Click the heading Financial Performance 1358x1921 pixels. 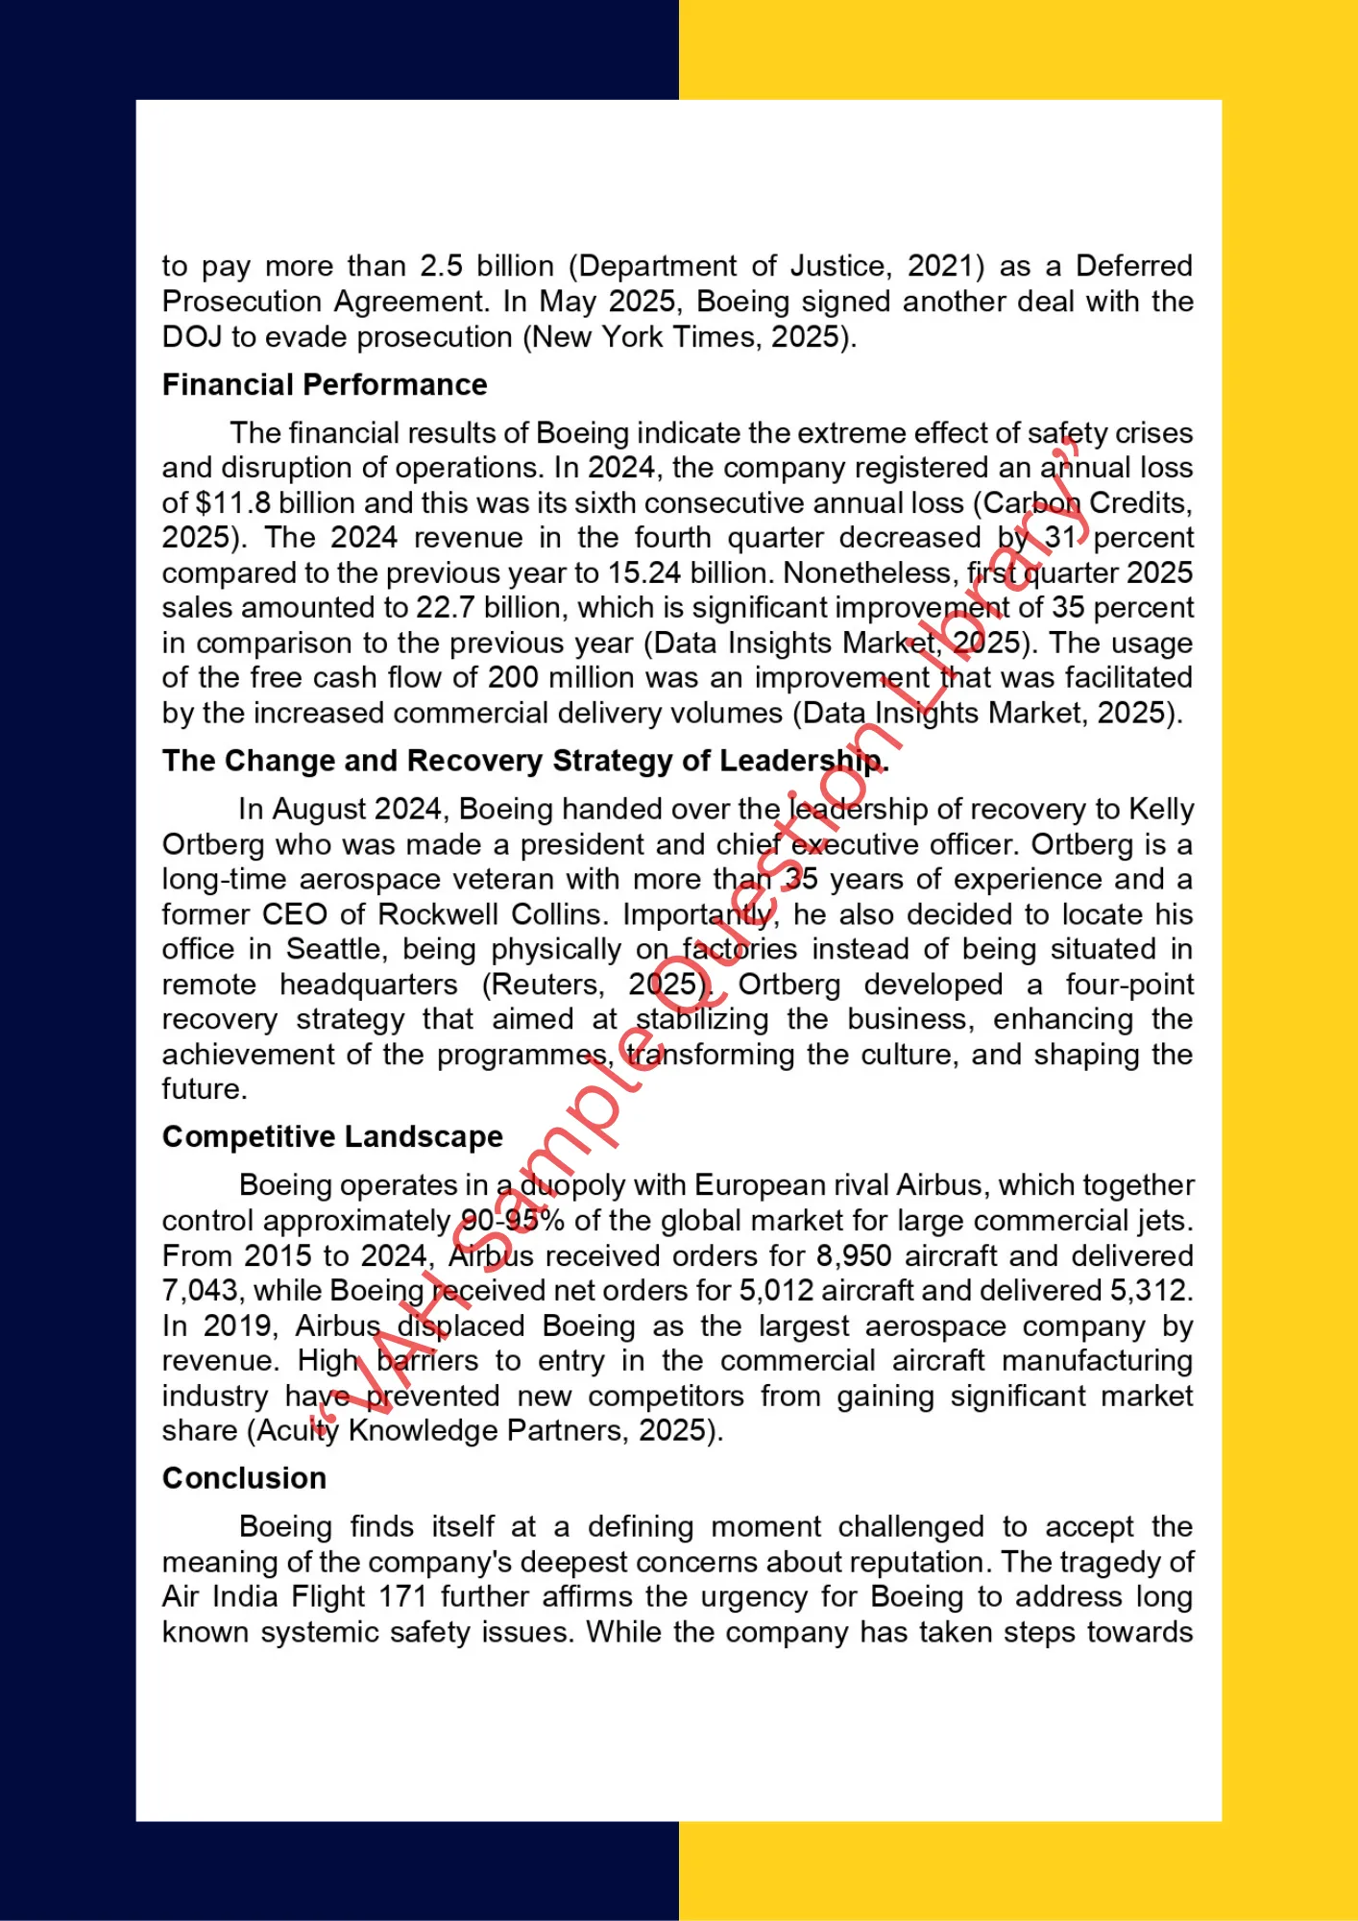tap(325, 385)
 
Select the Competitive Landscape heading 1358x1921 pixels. tap(332, 1137)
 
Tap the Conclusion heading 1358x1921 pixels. tap(244, 1478)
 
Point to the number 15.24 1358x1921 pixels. tap(643, 573)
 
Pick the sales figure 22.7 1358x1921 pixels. tap(446, 608)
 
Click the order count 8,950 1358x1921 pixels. tap(854, 1256)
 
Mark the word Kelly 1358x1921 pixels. tap(1161, 810)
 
